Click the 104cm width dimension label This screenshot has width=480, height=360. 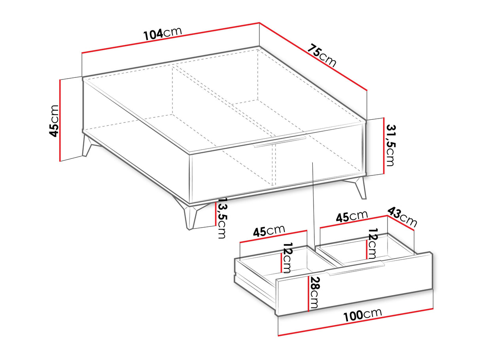coord(163,34)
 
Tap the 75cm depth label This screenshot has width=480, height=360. coord(322,56)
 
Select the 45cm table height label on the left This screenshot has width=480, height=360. coord(54,121)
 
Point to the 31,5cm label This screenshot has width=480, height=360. coord(390,145)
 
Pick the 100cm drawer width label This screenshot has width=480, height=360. coord(363,315)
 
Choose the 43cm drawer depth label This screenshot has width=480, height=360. coord(402,217)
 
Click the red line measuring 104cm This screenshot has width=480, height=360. coord(170,38)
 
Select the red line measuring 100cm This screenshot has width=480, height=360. coord(356,322)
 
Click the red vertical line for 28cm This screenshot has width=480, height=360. coord(308,293)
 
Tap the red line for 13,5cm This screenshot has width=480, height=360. coord(215,213)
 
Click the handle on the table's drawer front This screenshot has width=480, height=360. coord(280,141)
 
